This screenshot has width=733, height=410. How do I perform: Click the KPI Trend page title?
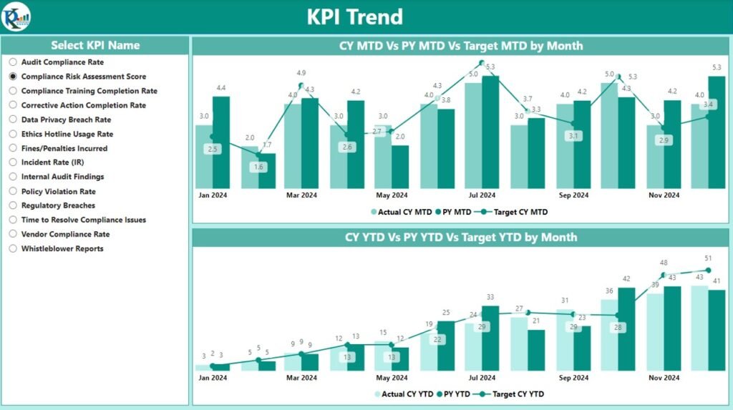click(354, 16)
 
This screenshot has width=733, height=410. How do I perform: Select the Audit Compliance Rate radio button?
click(13, 62)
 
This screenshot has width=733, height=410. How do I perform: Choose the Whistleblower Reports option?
click(13, 248)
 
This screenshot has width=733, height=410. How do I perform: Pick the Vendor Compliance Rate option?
click(13, 234)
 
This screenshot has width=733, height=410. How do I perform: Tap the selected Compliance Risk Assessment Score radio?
click(13, 77)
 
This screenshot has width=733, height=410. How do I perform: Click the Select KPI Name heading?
click(95, 45)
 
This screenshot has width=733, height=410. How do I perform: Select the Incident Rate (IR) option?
click(13, 162)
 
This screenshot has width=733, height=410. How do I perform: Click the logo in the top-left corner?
click(15, 16)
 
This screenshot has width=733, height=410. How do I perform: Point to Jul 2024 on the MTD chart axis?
click(482, 195)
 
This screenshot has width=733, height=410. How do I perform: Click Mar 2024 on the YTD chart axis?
click(301, 378)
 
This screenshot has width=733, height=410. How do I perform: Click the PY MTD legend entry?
click(455, 212)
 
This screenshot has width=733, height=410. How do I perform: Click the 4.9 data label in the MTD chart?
click(301, 73)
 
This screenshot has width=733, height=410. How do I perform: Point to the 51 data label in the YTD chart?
click(708, 259)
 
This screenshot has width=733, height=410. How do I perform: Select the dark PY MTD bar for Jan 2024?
click(221, 142)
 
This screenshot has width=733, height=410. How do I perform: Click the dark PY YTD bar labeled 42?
click(626, 328)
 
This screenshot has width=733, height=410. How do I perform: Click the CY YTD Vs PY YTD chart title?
click(461, 237)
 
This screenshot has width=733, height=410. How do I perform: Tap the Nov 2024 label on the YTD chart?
click(664, 378)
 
